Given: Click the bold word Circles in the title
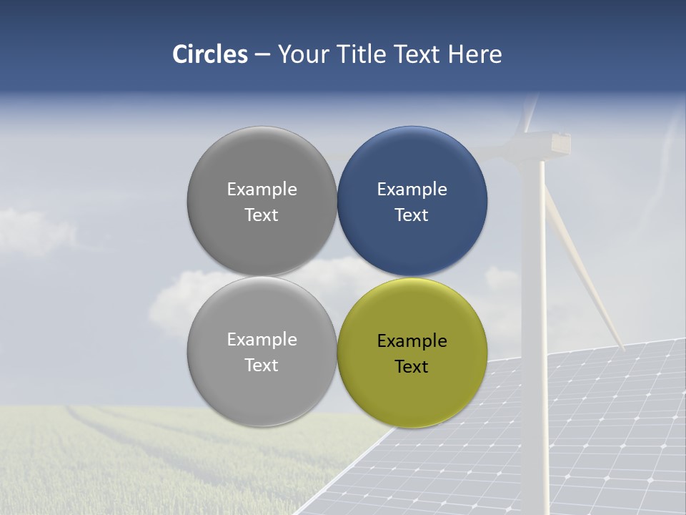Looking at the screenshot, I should (209, 54).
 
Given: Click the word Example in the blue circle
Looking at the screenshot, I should (412, 190).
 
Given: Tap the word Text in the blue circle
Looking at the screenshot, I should (412, 215).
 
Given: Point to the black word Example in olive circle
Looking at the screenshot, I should (412, 341).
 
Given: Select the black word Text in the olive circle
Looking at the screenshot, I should (412, 367).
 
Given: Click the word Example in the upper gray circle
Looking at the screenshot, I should (262, 190).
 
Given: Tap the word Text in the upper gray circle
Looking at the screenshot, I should (262, 215).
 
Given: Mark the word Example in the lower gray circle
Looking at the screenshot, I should (262, 340).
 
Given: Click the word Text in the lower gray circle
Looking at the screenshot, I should (262, 366).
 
